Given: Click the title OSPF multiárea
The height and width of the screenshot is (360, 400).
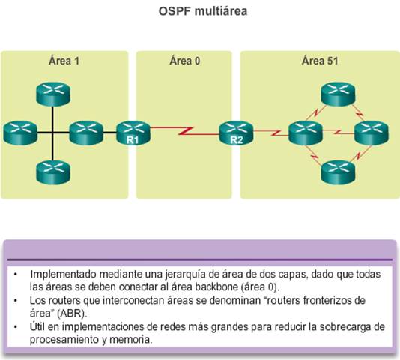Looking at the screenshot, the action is pos(203,11).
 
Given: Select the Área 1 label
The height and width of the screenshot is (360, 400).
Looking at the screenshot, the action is pos(64,61).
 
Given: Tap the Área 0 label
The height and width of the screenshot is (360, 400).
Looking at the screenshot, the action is pos(185,61).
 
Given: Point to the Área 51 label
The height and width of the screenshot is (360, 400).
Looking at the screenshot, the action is pos(320,61).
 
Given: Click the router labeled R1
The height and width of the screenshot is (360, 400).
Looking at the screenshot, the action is pos(133,133).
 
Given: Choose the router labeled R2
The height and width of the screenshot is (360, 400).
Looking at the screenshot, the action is pos(236,133).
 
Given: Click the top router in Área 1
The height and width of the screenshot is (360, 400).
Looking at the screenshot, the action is pos(53,94).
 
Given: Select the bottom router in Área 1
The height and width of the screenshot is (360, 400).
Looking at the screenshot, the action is pos(53,173).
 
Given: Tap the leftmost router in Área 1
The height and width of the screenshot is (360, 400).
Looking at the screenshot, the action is pos(20,133).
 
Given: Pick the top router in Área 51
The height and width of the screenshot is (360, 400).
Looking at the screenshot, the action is pos(338,94).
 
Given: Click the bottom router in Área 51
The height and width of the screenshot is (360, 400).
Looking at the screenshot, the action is pos(338,173).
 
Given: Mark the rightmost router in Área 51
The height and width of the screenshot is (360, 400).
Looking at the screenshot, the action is pos(372,133).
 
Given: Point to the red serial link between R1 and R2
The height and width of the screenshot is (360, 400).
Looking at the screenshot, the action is pos(185,130).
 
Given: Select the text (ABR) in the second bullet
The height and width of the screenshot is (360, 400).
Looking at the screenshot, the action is pos(72,313).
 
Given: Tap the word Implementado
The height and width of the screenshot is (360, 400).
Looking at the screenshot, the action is pos(63,274).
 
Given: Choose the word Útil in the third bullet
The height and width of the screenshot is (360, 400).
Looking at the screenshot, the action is pos(37,326).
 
